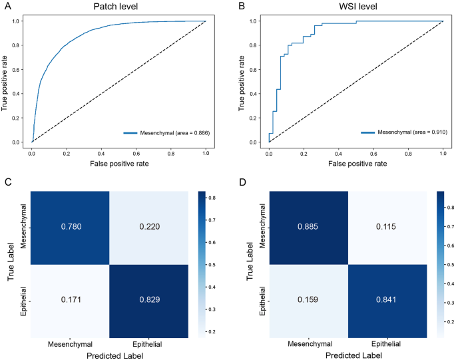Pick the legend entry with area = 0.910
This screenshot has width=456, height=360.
pos(404,132)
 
